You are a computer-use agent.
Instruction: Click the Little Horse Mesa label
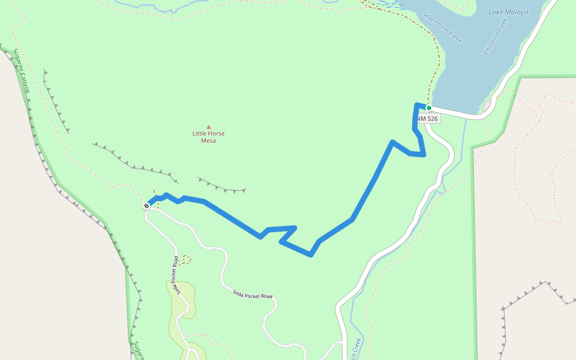208,137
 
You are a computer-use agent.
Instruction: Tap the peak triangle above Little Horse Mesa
209,127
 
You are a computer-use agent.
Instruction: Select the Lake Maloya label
508,12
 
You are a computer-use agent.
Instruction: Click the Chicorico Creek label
496,36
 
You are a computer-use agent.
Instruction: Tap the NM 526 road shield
428,119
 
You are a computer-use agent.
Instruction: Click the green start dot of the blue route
429,108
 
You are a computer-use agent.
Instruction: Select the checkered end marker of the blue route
146,206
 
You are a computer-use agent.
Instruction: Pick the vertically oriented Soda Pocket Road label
176,275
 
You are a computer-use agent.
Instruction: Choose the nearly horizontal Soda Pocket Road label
252,293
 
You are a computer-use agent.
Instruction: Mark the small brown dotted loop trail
186,259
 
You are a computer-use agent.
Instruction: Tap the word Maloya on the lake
517,12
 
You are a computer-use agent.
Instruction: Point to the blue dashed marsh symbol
388,4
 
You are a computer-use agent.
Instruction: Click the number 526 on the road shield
432,119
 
